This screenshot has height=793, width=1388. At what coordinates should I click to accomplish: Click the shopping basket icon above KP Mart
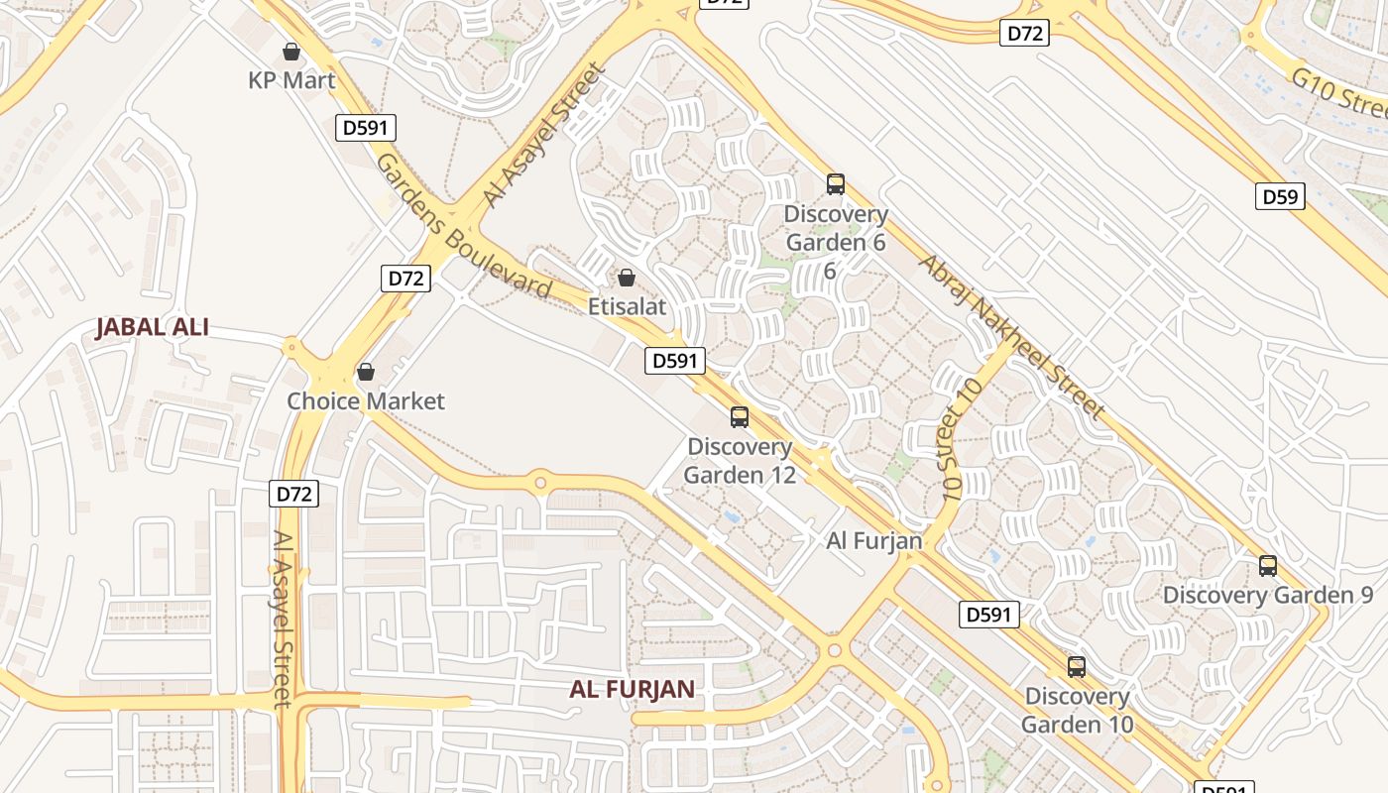[291, 51]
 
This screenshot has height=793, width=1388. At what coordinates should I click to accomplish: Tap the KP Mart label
[291, 80]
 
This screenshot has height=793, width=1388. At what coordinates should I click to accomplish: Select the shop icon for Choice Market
[366, 372]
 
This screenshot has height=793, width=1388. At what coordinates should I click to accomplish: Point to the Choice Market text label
[366, 401]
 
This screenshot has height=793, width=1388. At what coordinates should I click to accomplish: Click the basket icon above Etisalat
[626, 278]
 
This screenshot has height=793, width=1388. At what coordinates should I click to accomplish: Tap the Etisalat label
[626, 306]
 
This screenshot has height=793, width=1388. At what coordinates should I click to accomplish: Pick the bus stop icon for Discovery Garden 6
[836, 184]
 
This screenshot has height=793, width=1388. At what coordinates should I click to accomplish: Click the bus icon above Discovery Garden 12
[740, 417]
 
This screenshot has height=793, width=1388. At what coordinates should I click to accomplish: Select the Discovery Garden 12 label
[740, 461]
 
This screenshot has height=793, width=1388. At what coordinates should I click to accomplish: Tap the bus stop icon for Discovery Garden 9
[1268, 566]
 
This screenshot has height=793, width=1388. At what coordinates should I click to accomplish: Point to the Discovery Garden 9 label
[1268, 595]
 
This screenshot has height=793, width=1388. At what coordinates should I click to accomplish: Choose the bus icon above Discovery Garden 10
[1077, 667]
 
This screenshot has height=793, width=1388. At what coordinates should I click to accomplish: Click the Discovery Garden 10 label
[1077, 710]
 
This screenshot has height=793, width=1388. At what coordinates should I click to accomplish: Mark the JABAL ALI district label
[152, 327]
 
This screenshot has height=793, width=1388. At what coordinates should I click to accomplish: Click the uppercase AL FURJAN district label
[632, 689]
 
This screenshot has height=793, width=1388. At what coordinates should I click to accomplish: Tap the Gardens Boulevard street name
[463, 226]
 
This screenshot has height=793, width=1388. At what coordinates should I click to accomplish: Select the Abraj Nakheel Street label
[1010, 336]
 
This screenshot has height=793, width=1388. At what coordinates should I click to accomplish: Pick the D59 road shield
[1279, 196]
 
